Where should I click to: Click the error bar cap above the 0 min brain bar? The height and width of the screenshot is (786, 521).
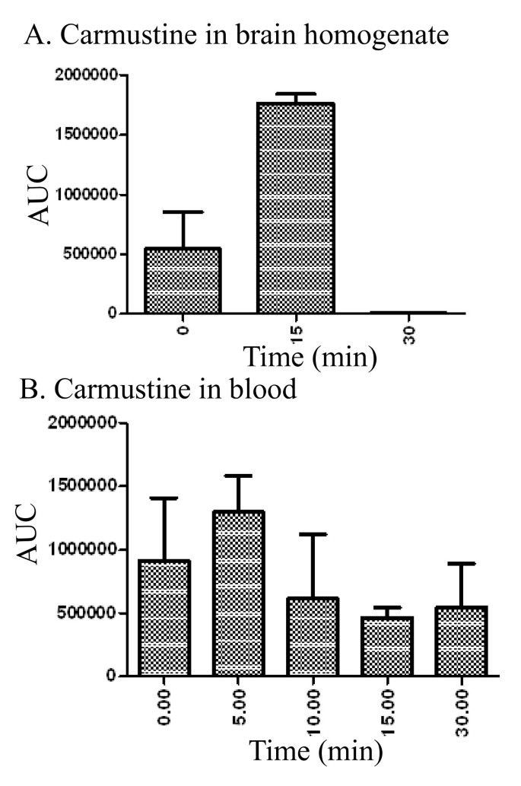click(x=184, y=212)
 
